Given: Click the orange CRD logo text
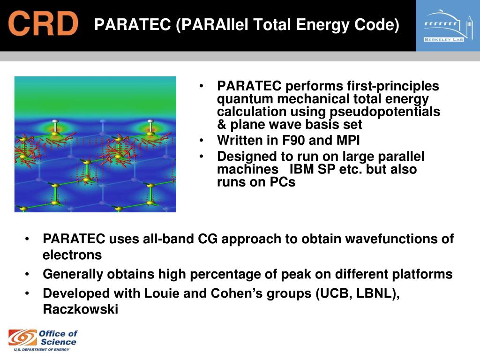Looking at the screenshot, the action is [43, 23].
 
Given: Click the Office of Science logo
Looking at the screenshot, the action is [43, 340].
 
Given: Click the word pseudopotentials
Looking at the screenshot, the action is [385, 112].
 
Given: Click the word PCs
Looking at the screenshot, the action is [282, 182].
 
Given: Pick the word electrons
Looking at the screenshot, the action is [72, 255].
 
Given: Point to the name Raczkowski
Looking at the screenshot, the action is [81, 309].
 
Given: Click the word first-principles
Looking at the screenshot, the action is [393, 86].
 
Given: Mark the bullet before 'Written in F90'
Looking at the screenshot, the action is [201, 141].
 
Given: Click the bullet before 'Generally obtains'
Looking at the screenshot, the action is [27, 274].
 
